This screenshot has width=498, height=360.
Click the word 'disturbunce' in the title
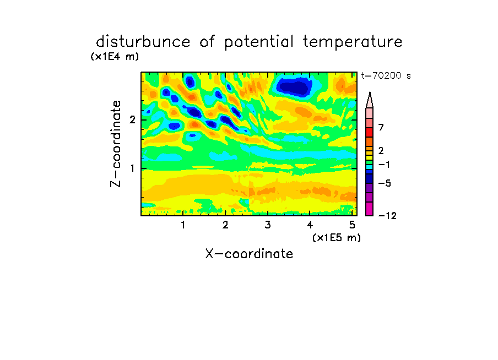pyautogui.click(x=143, y=41)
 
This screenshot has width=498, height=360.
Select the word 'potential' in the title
pyautogui.click(x=259, y=42)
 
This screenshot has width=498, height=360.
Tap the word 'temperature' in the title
pyautogui.click(x=353, y=42)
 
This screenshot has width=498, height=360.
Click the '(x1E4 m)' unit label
pyautogui.click(x=115, y=57)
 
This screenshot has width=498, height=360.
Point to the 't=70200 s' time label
pyautogui.click(x=386, y=75)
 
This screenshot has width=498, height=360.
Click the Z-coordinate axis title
pyautogui.click(x=116, y=144)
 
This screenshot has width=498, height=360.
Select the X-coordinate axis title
pyautogui.click(x=249, y=254)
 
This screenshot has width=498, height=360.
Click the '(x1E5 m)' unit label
pyautogui.click(x=337, y=237)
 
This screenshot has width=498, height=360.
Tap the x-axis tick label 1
pyautogui.click(x=183, y=225)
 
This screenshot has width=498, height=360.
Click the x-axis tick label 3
pyautogui.click(x=267, y=225)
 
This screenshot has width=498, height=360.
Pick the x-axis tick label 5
pyautogui.click(x=352, y=225)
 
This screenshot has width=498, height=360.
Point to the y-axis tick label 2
pyautogui.click(x=132, y=119)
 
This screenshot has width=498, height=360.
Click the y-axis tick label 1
pyautogui.click(x=132, y=168)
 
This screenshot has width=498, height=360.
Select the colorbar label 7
pyautogui.click(x=381, y=127)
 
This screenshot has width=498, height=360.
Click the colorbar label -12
pyautogui.click(x=387, y=216)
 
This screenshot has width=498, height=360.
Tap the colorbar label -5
pyautogui.click(x=385, y=183)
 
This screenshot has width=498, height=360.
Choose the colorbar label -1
pyautogui.click(x=384, y=165)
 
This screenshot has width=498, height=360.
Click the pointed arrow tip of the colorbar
pyautogui.click(x=370, y=92)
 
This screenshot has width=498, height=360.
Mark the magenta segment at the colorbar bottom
pyautogui.click(x=370, y=209)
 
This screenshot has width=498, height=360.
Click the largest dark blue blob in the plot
pyautogui.click(x=295, y=86)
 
